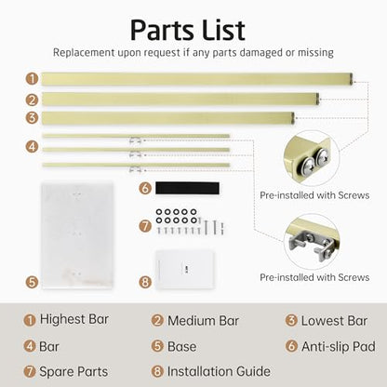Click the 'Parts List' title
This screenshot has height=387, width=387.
[188, 31]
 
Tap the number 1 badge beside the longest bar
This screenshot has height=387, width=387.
[32, 79]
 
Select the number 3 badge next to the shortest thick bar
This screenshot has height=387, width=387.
[32, 118]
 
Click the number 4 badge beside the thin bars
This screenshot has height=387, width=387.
[32, 146]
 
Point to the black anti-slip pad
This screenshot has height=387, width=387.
[187, 188]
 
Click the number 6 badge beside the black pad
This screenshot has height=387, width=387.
[145, 188]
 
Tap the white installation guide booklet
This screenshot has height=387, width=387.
[185, 270]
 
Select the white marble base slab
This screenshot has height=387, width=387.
[77, 235]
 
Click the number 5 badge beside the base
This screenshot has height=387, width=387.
[32, 282]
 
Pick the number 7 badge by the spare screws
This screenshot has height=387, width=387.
[145, 226]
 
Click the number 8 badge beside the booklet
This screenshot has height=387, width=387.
[145, 282]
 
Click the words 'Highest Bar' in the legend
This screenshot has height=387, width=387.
[74, 319]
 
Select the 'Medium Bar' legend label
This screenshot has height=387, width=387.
[203, 321]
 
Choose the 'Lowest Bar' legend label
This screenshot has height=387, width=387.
[334, 321]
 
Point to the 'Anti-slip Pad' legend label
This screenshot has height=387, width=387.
[339, 346]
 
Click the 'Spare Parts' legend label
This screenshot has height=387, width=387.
[73, 371]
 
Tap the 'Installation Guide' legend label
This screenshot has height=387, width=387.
[219, 371]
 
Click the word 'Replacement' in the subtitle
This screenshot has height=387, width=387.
[84, 53]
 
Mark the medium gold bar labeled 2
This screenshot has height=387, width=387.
[180, 99]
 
